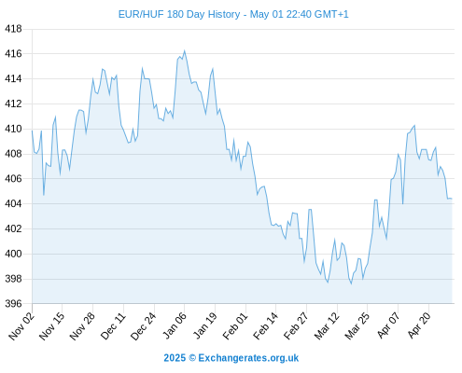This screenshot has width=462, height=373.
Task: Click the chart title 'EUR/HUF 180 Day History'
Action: point(179,14)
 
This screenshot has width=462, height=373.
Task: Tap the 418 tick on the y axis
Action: point(13,29)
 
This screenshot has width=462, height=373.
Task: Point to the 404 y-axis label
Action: point(13,203)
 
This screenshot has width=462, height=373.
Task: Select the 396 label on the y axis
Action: point(13,304)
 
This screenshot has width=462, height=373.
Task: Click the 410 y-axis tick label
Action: point(13,129)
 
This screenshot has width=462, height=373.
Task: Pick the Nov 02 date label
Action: point(21,326)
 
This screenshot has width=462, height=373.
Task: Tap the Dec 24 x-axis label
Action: point(143,326)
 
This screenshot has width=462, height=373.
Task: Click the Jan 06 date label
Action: point(175,325)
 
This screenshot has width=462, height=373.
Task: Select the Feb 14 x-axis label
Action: point(265,326)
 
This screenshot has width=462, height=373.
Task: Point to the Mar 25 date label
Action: point(357,326)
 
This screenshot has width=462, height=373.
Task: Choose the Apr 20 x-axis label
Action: point(419,325)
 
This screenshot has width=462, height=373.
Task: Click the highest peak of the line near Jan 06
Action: point(184,50)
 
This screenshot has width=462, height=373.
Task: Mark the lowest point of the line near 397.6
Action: point(351,283)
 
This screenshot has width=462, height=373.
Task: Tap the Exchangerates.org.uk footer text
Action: point(248,358)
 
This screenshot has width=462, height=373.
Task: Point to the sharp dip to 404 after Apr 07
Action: point(402,203)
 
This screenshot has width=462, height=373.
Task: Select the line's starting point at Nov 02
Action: point(32,131)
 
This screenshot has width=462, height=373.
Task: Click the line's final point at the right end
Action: point(452,199)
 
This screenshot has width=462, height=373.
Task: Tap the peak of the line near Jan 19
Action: point(213,69)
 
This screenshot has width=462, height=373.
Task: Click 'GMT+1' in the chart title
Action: point(331,14)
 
